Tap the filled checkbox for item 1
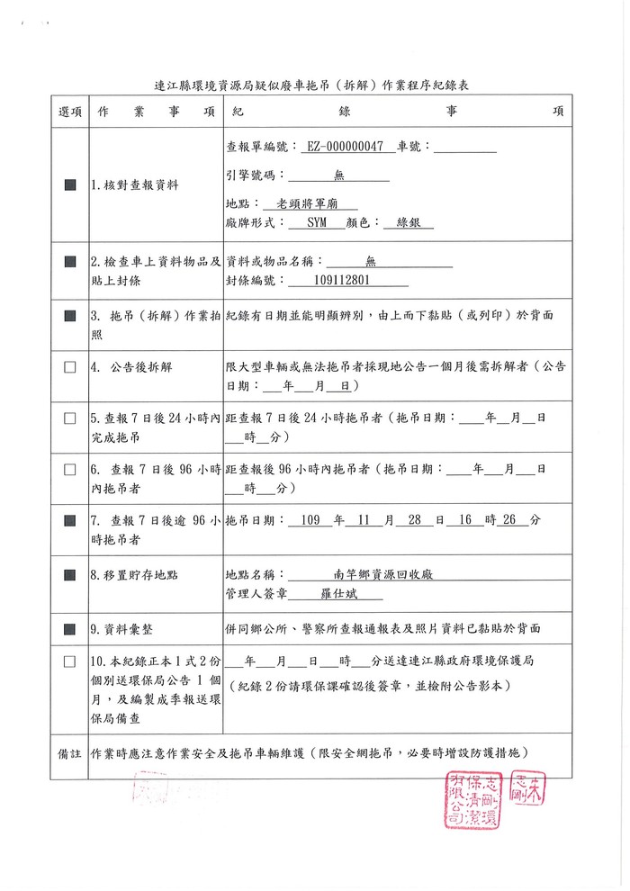click(69, 184)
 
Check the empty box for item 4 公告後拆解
click(69, 367)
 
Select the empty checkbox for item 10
click(69, 661)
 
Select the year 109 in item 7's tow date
click(311, 520)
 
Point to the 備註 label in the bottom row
click(69, 751)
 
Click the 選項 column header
click(69, 112)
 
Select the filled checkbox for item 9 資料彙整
click(69, 627)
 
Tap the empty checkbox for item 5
click(69, 418)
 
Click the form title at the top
click(313, 86)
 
